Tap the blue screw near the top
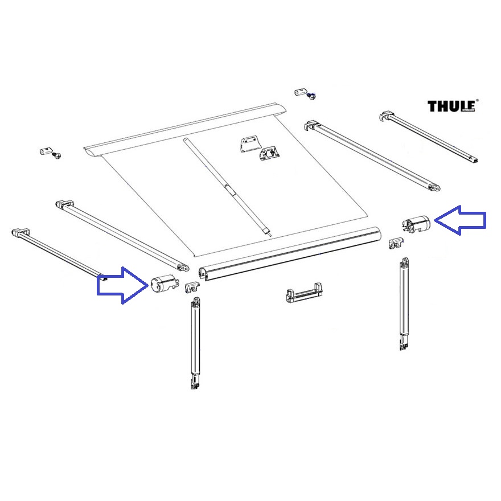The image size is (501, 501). pos(313,96)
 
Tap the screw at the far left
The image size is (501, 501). pos(56,155)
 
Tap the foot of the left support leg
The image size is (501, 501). pos(195,382)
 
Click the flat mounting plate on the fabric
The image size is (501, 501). pos(248,143)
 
